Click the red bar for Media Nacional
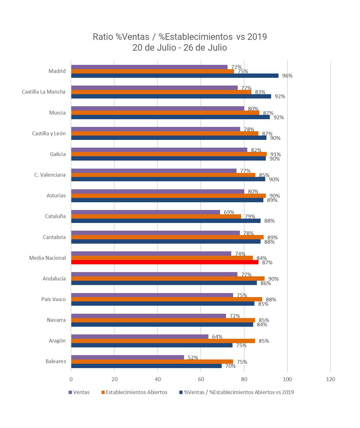coord(165,262)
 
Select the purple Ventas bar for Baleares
coord(128,357)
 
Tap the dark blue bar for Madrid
coord(175,76)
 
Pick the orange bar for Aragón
coord(163,341)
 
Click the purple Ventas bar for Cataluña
coord(145,212)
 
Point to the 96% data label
coord(287,76)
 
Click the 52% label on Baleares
coord(193,358)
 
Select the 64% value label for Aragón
coord(217,337)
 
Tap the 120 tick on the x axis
coord(330,379)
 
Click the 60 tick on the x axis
coord(201,379)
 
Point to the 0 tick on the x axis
coord(71,379)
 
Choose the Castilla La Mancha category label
coord(44,92)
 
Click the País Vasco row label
coord(53,299)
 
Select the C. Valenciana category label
coord(50,175)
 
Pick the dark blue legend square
coord(181,392)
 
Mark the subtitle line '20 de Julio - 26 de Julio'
coord(180,48)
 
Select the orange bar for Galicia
coord(169,154)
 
